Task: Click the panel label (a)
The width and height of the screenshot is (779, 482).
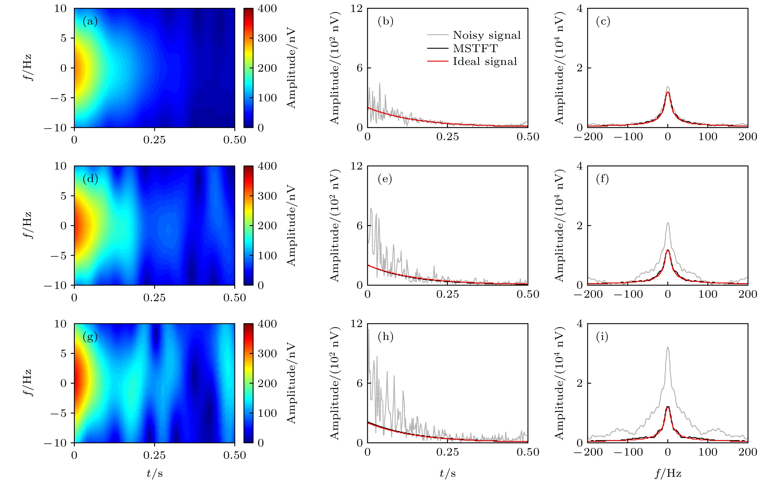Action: (x=90, y=21)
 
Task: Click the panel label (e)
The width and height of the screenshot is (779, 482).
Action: (x=385, y=179)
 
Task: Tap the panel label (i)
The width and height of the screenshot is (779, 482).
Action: (x=602, y=337)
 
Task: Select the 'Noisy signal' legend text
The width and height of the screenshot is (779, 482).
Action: (x=487, y=35)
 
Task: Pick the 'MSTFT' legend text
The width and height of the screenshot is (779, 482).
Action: (x=475, y=48)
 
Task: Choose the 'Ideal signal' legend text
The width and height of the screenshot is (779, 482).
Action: (x=485, y=61)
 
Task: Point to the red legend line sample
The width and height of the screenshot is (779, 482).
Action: (x=438, y=61)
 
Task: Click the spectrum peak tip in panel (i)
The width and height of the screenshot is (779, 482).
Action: (x=668, y=347)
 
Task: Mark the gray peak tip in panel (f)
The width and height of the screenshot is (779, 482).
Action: (x=668, y=223)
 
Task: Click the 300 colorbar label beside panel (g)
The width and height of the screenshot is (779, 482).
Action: (x=267, y=353)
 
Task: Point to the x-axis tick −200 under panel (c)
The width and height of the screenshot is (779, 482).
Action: (x=588, y=137)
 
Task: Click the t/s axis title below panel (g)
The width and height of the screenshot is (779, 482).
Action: (x=155, y=473)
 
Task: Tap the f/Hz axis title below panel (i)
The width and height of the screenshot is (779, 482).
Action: (x=668, y=473)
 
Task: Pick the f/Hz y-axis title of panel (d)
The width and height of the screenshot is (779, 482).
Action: (x=28, y=225)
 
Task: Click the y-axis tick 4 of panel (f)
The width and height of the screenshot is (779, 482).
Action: (x=579, y=166)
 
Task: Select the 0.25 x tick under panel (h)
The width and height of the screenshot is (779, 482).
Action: (x=448, y=452)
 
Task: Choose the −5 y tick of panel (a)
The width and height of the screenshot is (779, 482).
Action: (x=58, y=98)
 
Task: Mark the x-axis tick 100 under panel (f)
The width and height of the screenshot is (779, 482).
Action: (x=708, y=294)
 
